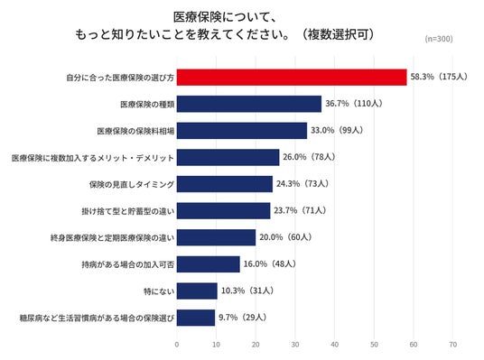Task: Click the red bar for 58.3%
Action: [292, 77]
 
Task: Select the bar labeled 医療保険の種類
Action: [249, 104]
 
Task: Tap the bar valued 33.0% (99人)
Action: [242, 131]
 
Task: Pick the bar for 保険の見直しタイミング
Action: [225, 184]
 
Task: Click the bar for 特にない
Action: [197, 291]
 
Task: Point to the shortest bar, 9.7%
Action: [196, 318]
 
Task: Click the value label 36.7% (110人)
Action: [354, 104]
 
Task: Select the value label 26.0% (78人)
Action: [310, 157]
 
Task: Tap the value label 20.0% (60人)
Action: [285, 237]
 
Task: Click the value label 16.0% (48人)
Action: [270, 263]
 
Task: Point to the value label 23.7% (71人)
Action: [300, 210]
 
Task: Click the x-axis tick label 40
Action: [335, 345]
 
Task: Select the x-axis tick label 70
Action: [452, 345]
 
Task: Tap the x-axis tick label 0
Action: [177, 345]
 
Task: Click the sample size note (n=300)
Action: [439, 39]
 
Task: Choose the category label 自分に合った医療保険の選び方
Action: [120, 78]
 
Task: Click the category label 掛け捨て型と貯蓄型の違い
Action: [128, 211]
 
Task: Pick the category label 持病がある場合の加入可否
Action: [128, 264]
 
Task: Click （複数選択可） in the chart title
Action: [338, 34]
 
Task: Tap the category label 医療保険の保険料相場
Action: [135, 131]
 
